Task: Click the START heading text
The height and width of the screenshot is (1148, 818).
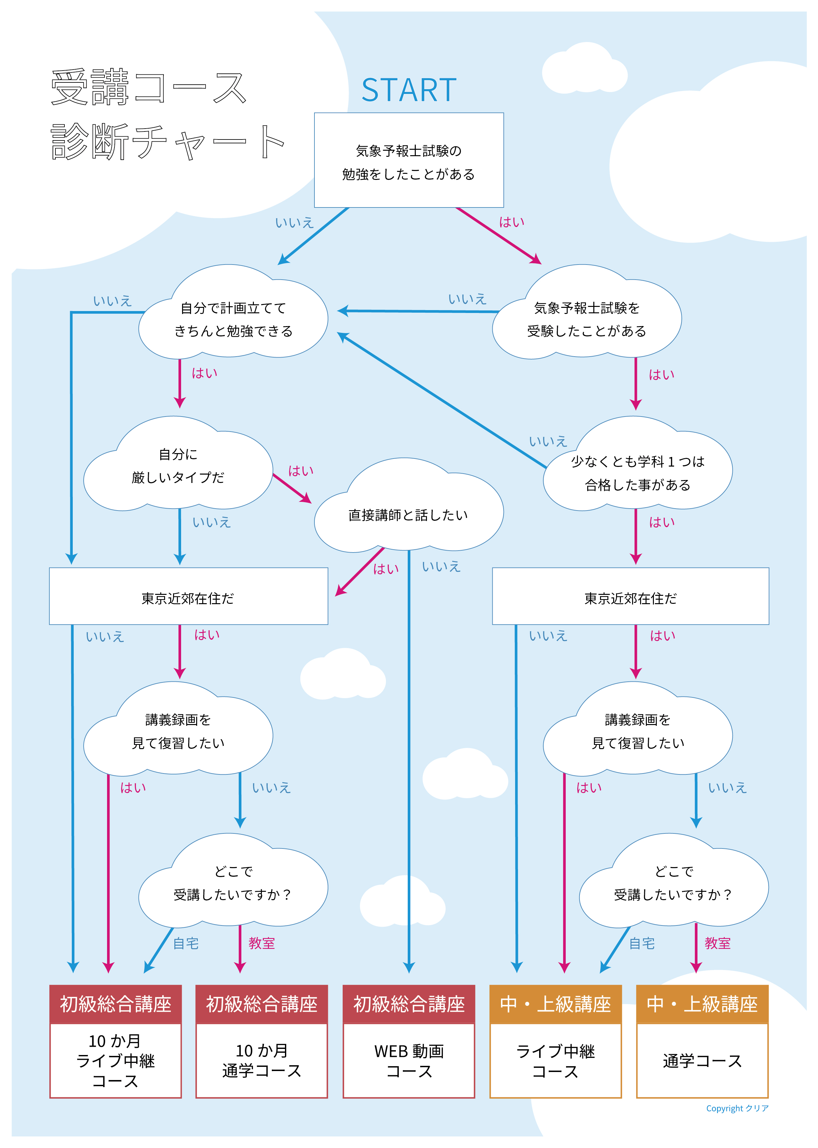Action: (408, 90)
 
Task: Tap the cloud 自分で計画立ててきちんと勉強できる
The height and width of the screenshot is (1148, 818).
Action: (233, 319)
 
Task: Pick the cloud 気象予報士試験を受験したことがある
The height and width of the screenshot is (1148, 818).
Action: (587, 319)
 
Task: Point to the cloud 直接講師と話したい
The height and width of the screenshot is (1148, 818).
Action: (408, 515)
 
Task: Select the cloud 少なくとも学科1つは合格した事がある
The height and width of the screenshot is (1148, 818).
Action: (638, 473)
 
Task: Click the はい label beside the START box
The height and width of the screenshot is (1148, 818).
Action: (512, 222)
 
